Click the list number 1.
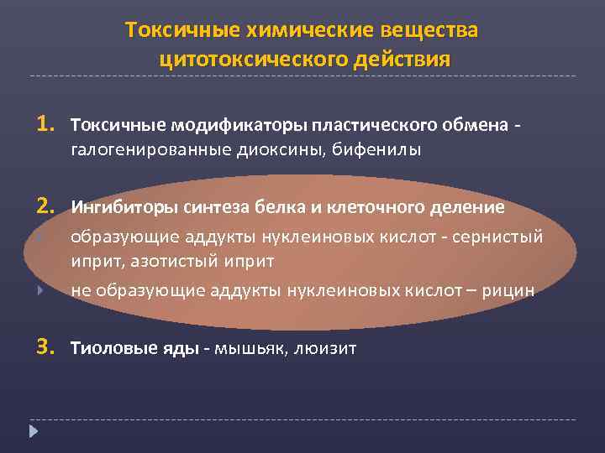45,124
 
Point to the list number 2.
45,206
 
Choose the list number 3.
45,346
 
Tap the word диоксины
280,150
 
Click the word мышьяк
251,348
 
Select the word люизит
326,348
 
